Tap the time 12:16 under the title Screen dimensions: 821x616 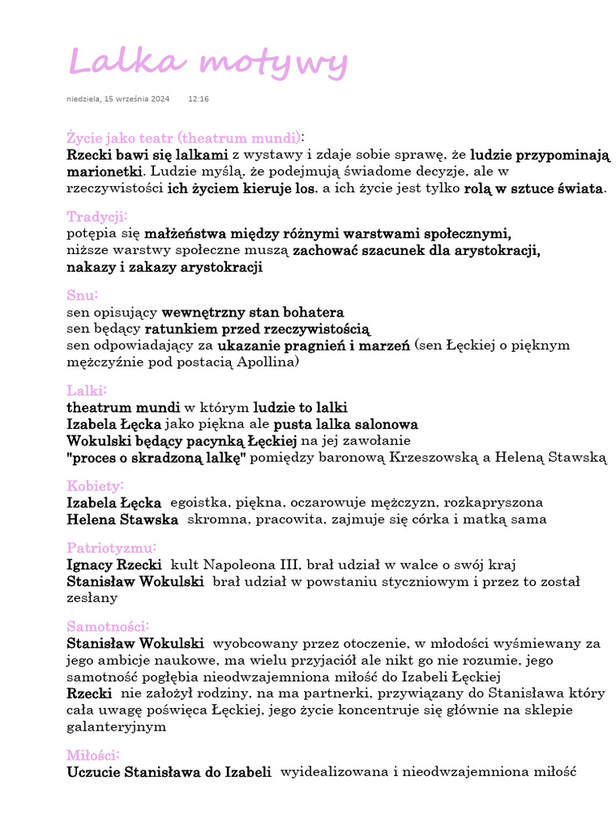[x=198, y=99]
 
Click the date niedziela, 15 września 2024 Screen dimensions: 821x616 [x=118, y=99]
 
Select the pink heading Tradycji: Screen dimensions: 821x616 [x=97, y=216]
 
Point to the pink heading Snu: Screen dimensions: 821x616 [x=83, y=295]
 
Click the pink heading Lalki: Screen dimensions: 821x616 [x=87, y=390]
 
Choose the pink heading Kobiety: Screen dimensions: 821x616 [x=95, y=486]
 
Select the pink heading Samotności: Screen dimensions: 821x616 [x=107, y=626]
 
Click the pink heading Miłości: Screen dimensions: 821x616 [x=94, y=755]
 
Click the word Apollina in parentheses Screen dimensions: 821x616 [x=267, y=362]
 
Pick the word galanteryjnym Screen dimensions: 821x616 [x=117, y=726]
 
